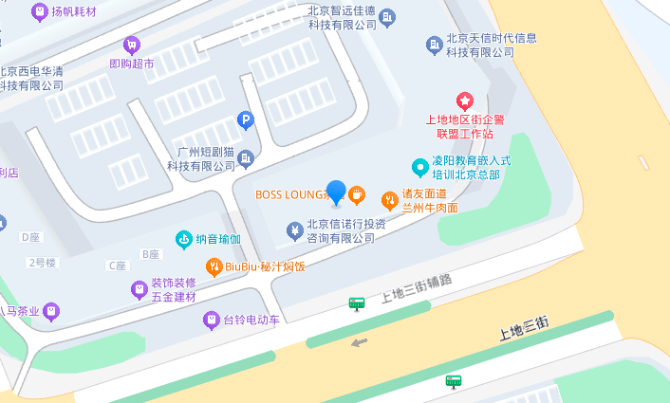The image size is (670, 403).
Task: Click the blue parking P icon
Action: (245, 120)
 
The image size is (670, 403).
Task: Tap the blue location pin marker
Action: (336, 192)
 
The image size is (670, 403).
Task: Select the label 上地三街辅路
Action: (416, 288)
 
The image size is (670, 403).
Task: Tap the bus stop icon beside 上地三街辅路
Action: (357, 303)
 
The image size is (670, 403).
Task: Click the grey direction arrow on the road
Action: (359, 342)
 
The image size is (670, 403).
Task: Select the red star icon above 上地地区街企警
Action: (465, 101)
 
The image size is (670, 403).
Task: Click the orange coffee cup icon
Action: (357, 195)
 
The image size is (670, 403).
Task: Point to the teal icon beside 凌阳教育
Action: (419, 168)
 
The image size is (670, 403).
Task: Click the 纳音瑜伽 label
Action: (212, 239)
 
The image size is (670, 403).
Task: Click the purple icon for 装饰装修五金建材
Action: (139, 288)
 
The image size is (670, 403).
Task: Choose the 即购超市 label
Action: (131, 64)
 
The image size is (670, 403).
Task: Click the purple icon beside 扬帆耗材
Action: (39, 12)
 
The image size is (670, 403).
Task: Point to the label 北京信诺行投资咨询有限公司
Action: (340, 230)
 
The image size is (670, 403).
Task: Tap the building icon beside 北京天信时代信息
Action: (435, 45)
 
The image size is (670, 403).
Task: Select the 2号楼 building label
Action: (43, 262)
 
